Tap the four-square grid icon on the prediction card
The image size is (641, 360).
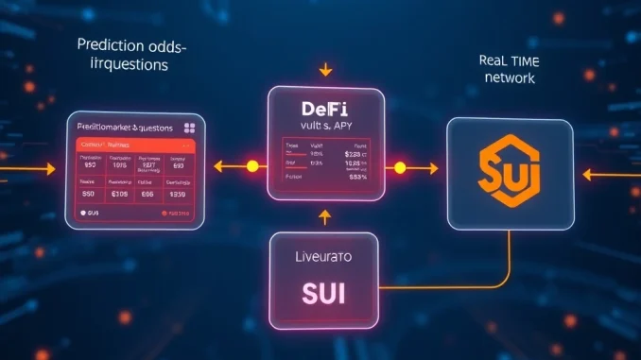click(189, 127)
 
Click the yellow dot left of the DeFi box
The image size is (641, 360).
click(252, 167)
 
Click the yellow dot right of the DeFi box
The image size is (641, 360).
click(399, 168)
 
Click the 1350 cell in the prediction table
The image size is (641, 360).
click(177, 194)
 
